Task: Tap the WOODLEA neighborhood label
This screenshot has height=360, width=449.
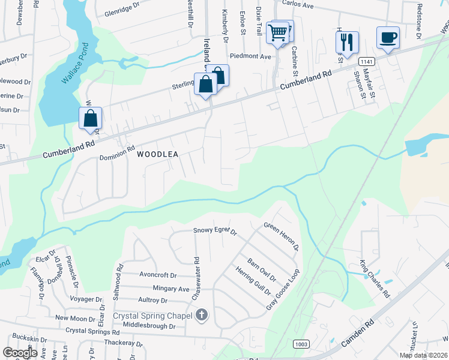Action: [x=158, y=154]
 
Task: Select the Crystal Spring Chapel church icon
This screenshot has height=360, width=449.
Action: [x=202, y=315]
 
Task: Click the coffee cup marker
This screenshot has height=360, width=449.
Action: [x=387, y=38]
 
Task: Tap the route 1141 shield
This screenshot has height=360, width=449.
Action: [x=366, y=62]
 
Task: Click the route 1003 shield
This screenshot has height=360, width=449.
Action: [x=301, y=343]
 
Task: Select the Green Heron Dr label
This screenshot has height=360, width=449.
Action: [x=282, y=237]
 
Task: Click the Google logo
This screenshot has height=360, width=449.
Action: [x=20, y=353]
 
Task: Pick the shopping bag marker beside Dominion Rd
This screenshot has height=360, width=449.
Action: [x=91, y=118]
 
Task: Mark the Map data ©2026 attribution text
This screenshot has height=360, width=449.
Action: [x=423, y=355]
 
